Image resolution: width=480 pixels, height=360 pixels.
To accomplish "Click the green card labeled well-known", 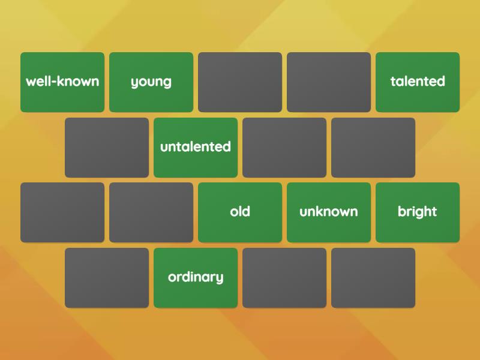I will (62, 82).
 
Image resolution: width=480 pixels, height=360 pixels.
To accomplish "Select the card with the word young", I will (151, 82).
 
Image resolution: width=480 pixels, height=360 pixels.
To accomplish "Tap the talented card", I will (418, 82).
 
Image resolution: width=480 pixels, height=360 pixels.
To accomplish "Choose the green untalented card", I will (196, 148).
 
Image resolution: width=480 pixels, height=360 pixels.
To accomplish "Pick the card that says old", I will (240, 212).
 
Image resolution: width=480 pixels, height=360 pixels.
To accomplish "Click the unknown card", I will (329, 212).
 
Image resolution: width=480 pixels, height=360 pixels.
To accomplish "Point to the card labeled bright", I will (418, 212).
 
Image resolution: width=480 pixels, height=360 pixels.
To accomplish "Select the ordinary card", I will (196, 278).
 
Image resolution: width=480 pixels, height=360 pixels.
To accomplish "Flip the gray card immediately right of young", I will (240, 82).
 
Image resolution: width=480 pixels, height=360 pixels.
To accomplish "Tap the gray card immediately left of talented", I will (329, 82).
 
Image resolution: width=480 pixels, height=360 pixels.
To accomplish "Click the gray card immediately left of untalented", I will (107, 148).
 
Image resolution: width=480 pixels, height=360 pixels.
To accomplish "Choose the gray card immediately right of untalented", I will (284, 148).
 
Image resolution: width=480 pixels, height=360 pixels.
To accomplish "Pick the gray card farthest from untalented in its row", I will (373, 148).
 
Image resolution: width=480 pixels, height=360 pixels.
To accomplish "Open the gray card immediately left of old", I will (151, 212).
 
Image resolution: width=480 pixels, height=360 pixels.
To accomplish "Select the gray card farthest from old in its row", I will (62, 212).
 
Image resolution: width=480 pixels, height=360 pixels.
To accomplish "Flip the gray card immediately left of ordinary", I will (107, 278).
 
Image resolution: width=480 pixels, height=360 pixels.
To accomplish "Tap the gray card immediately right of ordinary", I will (284, 278).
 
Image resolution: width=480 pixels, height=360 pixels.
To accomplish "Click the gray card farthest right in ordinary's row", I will (373, 278).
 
